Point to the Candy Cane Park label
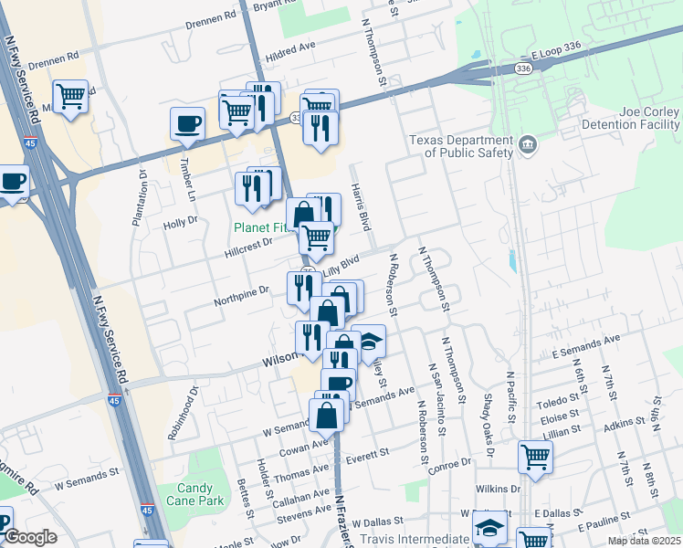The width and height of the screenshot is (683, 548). (x=189, y=495)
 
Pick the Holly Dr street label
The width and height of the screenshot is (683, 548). (x=180, y=222)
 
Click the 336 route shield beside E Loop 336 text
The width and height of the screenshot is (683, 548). (x=522, y=68)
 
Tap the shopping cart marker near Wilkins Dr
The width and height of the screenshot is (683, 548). (x=535, y=456)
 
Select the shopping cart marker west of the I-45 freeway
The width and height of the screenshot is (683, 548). (x=70, y=96)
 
